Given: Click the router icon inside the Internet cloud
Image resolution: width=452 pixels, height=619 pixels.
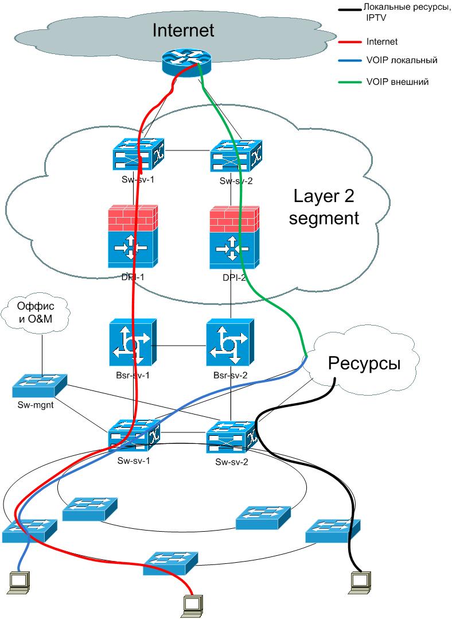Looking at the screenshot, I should coord(186,61).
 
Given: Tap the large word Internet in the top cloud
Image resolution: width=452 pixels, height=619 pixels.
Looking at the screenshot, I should coord(183,30).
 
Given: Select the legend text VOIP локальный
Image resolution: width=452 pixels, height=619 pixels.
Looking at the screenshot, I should coord(402,60).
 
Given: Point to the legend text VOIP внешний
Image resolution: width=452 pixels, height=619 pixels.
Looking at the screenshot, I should coord(398,82).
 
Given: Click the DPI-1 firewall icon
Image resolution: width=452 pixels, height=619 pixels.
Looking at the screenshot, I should coord(133,237).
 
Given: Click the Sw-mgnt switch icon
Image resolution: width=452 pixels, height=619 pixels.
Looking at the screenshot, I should coord(40,386).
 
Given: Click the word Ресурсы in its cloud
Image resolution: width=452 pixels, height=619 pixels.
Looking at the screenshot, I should coord(363,363).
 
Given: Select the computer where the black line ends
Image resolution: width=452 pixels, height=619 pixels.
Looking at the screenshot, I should coord(359,581).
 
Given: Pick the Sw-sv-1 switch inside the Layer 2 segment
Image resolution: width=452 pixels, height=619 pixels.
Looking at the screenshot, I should coord(138,154).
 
